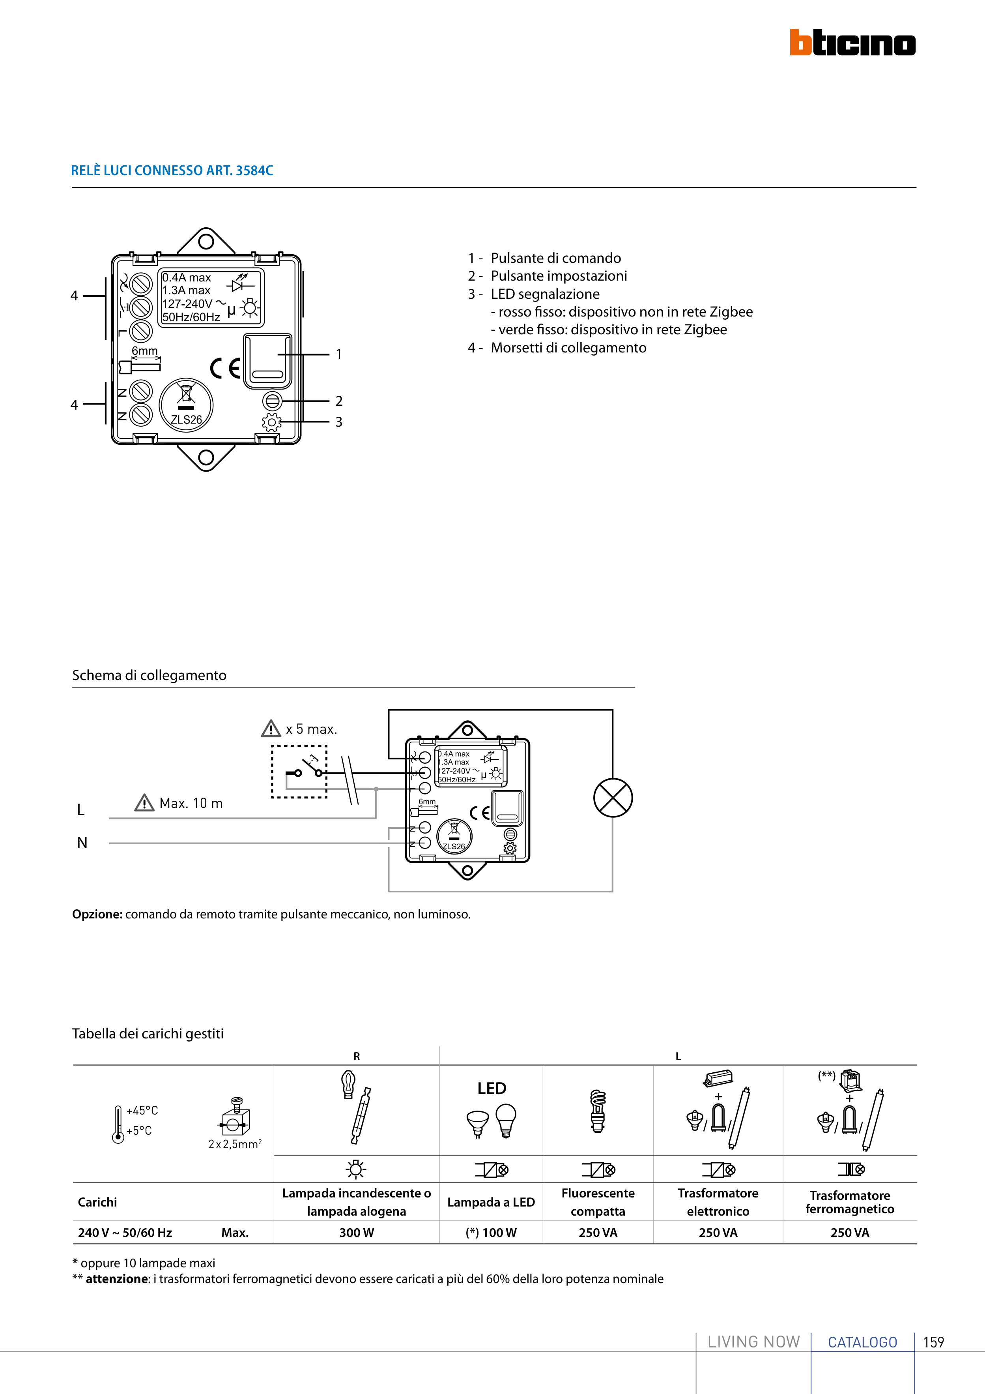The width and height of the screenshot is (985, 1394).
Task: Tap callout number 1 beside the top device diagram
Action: click(338, 354)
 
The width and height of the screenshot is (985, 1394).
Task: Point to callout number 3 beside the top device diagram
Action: click(338, 422)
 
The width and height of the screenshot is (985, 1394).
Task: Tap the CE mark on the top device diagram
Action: click(225, 368)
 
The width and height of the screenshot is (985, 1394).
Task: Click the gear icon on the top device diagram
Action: click(271, 422)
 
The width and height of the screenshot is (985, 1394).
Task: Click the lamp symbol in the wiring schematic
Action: click(613, 798)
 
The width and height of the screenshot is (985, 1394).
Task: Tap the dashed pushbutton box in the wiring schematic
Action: click(299, 772)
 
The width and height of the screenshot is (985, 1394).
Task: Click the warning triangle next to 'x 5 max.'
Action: click(271, 729)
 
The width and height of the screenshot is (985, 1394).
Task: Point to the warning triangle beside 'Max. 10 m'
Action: click(144, 803)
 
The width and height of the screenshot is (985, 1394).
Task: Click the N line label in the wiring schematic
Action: click(82, 843)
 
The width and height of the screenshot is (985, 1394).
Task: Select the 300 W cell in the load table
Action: click(356, 1233)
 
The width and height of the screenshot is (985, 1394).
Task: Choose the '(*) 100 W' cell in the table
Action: click(491, 1233)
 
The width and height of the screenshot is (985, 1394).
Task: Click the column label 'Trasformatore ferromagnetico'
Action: click(850, 1202)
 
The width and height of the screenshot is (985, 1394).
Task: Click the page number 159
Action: click(933, 1342)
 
